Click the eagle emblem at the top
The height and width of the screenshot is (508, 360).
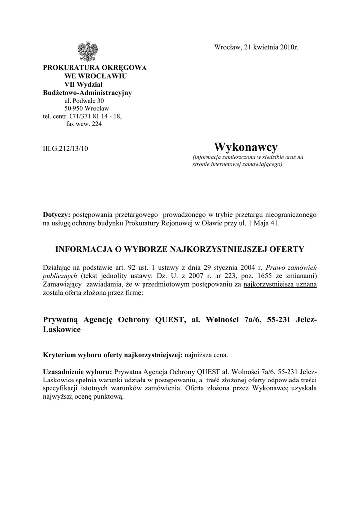point(88,51)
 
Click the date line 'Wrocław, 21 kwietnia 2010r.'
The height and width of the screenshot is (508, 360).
point(257,47)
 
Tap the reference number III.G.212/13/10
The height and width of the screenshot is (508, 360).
point(66,148)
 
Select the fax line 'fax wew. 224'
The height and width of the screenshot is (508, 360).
point(84,124)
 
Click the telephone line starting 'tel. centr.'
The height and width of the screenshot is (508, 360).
point(82,116)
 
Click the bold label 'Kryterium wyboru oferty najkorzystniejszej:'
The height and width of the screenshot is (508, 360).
point(113,355)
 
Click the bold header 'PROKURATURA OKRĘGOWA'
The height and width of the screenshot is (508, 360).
point(94,68)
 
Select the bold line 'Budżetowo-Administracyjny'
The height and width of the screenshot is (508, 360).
point(87,92)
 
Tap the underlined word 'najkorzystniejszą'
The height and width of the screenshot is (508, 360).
point(271,285)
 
